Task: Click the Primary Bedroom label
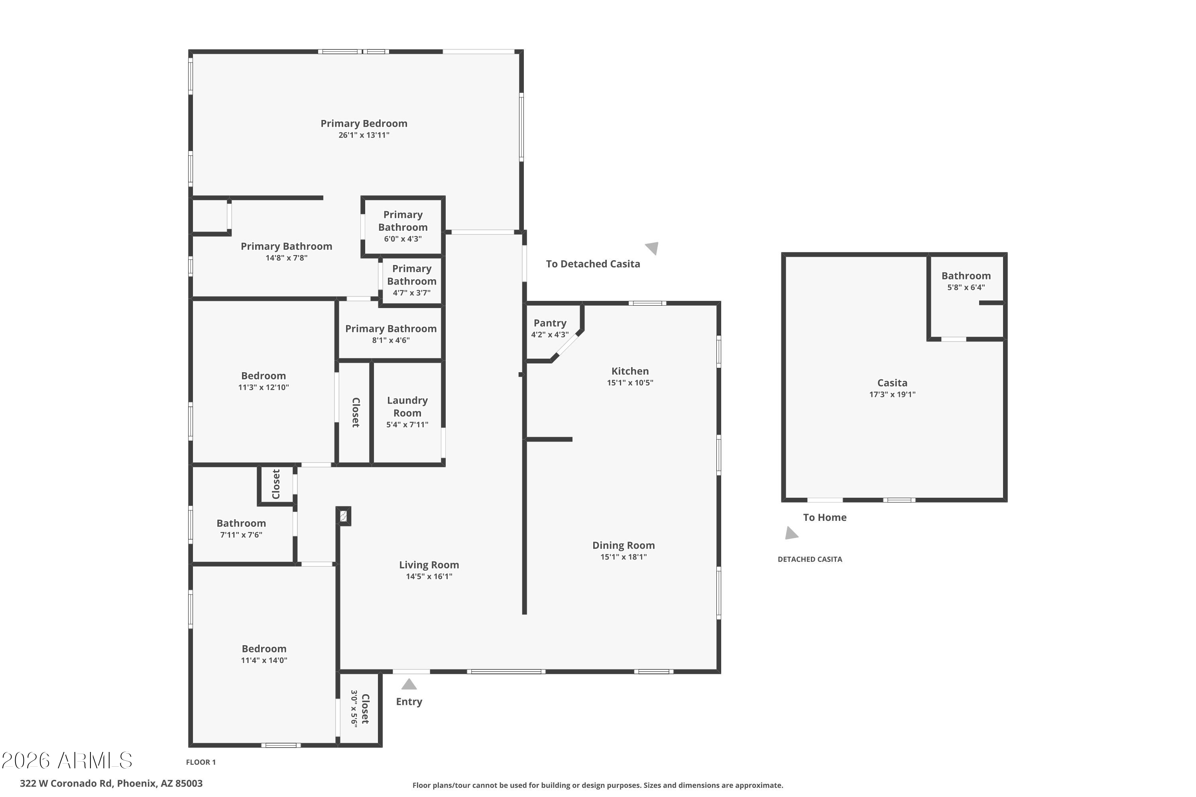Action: (364, 124)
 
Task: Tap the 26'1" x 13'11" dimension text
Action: (364, 135)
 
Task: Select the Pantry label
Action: (550, 323)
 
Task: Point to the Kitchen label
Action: (629, 371)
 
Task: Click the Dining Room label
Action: (624, 546)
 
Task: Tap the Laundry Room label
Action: (407, 406)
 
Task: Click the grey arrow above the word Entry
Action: (409, 684)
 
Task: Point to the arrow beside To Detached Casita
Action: (652, 247)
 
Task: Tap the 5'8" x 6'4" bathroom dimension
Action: (966, 287)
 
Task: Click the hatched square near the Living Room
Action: (344, 516)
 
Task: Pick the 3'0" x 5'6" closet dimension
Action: (354, 709)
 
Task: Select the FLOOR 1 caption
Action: (201, 762)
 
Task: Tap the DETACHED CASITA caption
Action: (810, 559)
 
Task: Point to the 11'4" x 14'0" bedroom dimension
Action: (264, 660)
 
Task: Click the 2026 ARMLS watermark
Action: (67, 760)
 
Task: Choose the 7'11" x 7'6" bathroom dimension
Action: (241, 535)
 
